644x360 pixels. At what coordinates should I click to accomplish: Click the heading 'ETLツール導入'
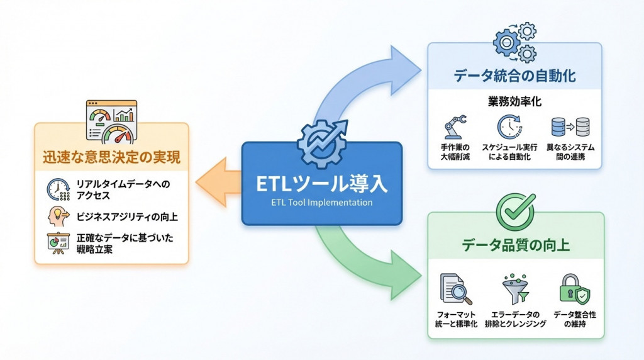click(x=321, y=184)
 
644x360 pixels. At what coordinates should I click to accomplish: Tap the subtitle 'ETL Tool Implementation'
click(x=321, y=202)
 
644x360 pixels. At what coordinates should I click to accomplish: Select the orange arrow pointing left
click(x=218, y=182)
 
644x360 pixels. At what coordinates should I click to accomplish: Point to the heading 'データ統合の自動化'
click(x=514, y=76)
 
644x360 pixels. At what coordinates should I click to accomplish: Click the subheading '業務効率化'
click(x=514, y=101)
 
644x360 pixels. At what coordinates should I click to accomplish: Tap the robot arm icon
click(x=455, y=127)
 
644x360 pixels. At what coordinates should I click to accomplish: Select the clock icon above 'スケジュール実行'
click(x=509, y=127)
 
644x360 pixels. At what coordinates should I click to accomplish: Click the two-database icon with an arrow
click(x=570, y=127)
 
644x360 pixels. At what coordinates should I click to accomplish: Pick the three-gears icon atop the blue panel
click(x=514, y=42)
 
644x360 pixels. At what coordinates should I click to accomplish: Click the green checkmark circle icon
click(x=516, y=212)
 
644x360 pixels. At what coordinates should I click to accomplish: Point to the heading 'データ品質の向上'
click(x=516, y=245)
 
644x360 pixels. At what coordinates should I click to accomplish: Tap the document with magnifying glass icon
click(x=455, y=290)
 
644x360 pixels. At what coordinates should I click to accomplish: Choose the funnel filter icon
click(x=515, y=289)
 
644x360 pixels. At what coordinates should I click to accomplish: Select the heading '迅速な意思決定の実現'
click(x=111, y=157)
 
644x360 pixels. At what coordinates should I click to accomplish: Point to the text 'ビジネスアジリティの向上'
click(x=127, y=217)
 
